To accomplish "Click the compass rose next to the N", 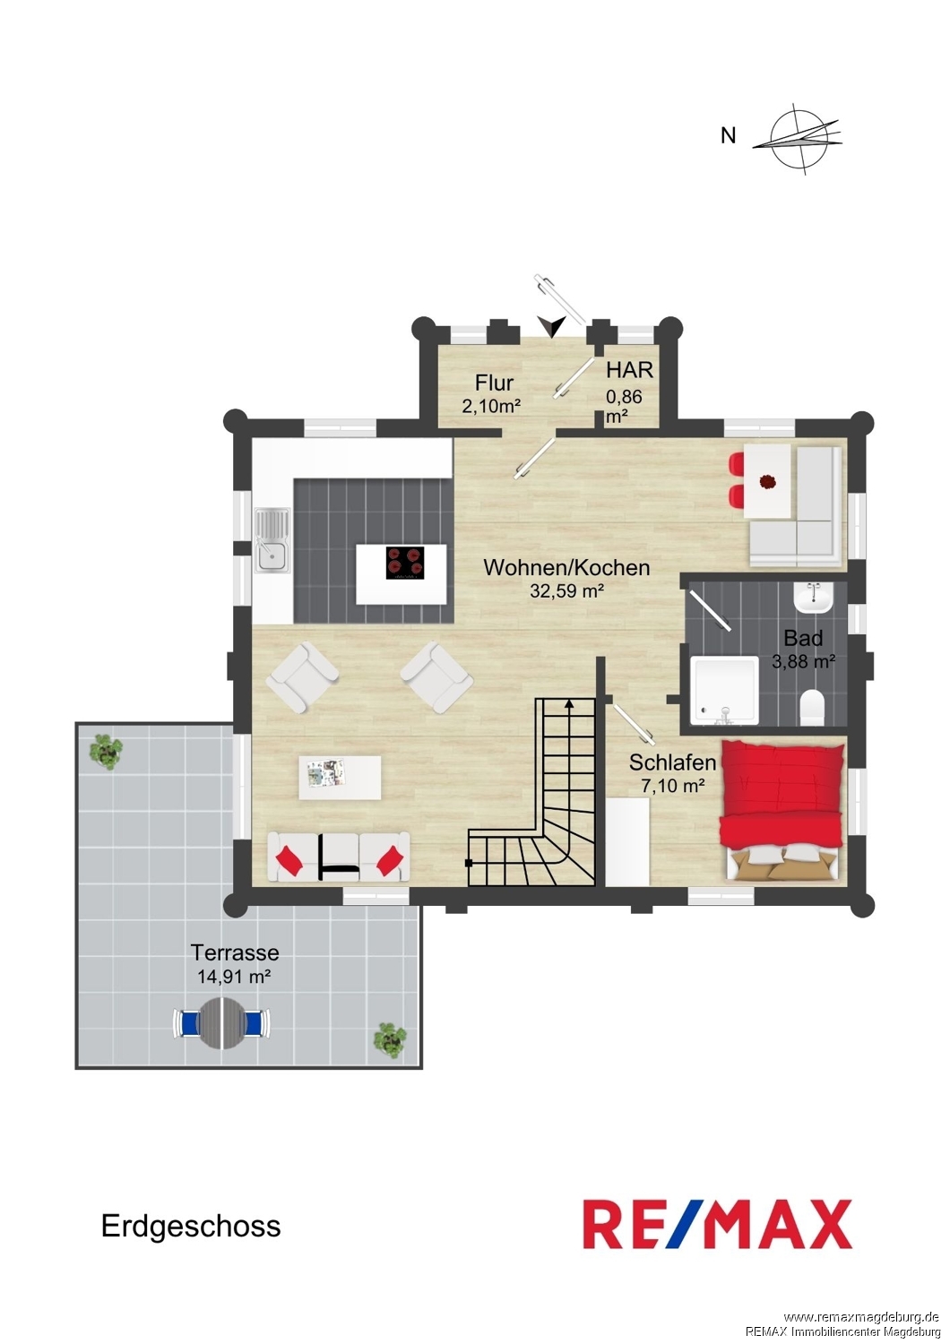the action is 799,139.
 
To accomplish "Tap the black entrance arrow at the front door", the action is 552,326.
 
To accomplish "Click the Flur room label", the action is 494,383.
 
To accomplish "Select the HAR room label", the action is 629,370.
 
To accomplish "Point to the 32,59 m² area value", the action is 566,591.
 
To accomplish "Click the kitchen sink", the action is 272,539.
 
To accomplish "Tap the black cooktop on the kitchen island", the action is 404,563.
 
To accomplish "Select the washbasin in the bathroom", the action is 813,597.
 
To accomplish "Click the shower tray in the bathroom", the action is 724,691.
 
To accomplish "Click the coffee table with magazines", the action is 341,777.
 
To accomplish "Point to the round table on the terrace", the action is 222,1022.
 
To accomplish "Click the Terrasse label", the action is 235,952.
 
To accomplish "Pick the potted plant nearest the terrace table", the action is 390,1041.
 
